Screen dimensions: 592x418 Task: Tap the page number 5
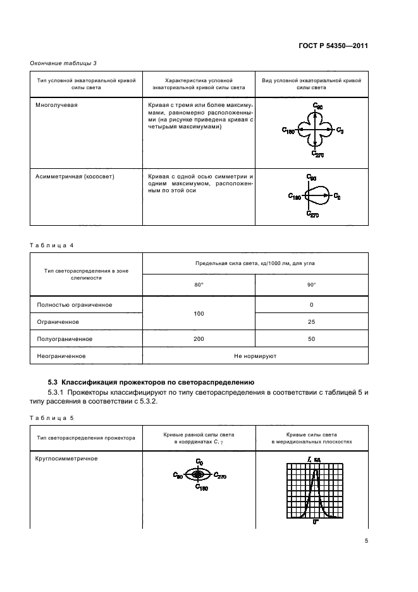[x=366, y=541]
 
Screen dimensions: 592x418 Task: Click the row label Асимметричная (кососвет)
[x=70, y=176]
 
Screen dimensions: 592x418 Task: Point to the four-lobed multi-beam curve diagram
[x=314, y=130]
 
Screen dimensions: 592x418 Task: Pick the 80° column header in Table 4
[x=199, y=285]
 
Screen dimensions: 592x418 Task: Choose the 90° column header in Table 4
[x=312, y=285]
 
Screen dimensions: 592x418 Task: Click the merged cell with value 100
[x=199, y=313]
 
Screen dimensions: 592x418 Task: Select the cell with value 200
[x=199, y=339]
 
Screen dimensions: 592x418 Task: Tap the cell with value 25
[x=312, y=322]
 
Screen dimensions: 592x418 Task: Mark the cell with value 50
[x=312, y=339]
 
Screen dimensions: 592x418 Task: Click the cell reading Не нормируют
[x=255, y=356]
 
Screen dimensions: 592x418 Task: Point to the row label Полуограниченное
[x=65, y=339]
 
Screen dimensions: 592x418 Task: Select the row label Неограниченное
[x=61, y=356]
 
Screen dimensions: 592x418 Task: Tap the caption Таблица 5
[x=53, y=417]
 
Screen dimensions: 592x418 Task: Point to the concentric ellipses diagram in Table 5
[x=199, y=475]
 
